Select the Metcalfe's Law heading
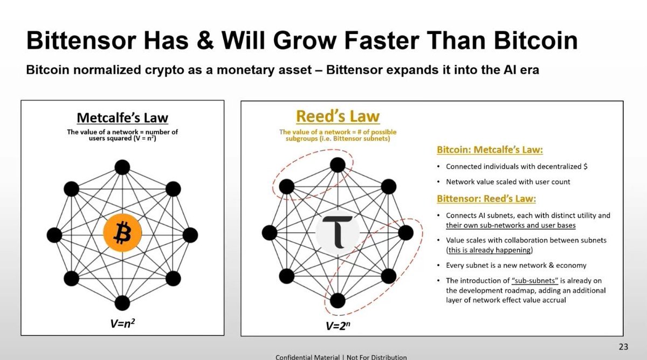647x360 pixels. click(122, 117)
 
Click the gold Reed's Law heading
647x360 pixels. click(338, 116)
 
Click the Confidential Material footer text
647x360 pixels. click(341, 357)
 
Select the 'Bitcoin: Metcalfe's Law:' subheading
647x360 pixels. click(490, 150)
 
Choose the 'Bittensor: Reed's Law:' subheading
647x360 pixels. click(486, 199)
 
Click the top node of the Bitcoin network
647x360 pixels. click(122, 168)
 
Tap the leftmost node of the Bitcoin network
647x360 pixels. click(54, 235)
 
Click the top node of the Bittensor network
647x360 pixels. click(338, 165)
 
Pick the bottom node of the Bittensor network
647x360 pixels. click(338, 300)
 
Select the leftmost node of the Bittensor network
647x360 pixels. click(270, 233)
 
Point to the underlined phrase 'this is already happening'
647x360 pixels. click(489, 250)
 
